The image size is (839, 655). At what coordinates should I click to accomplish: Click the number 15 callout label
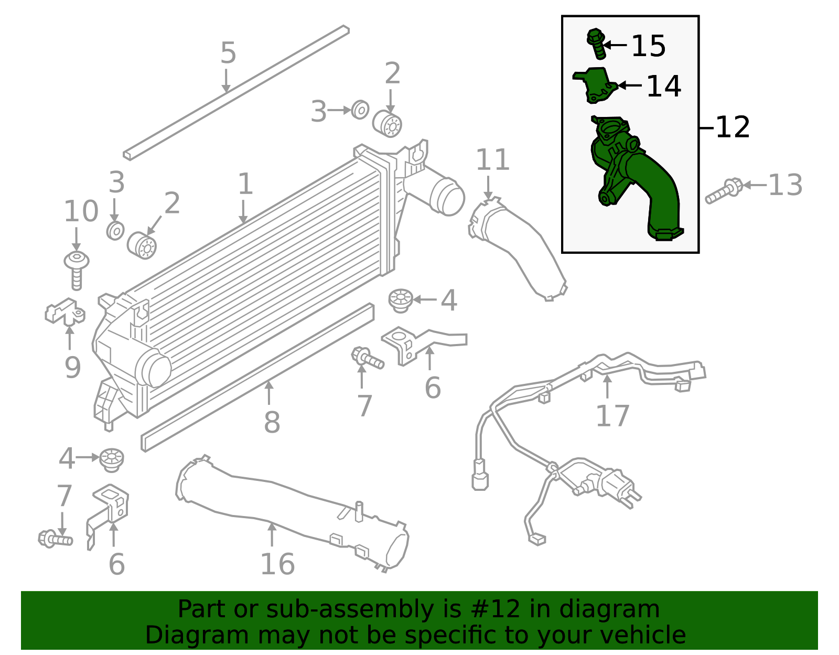tap(648, 46)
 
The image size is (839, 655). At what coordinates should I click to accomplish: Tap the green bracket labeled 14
tap(596, 85)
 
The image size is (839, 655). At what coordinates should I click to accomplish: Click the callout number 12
tap(732, 127)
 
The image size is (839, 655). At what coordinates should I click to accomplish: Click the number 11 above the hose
tap(492, 160)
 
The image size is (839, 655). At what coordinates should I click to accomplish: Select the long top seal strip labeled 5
tap(236, 92)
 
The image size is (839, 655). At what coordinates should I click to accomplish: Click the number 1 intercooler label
tap(245, 184)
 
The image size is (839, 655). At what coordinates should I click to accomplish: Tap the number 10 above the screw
tap(81, 211)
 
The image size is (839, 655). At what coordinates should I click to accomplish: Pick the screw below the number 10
tap(77, 270)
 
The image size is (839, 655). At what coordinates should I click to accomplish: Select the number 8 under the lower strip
tap(272, 422)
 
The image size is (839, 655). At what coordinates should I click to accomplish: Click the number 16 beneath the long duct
tap(277, 564)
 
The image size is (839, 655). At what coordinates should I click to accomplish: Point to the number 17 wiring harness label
tap(612, 416)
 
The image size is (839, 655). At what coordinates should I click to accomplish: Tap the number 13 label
tap(785, 185)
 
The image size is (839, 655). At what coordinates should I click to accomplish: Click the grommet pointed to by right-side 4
tap(401, 300)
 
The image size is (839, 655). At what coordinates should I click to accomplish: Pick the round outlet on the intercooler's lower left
tap(153, 369)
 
